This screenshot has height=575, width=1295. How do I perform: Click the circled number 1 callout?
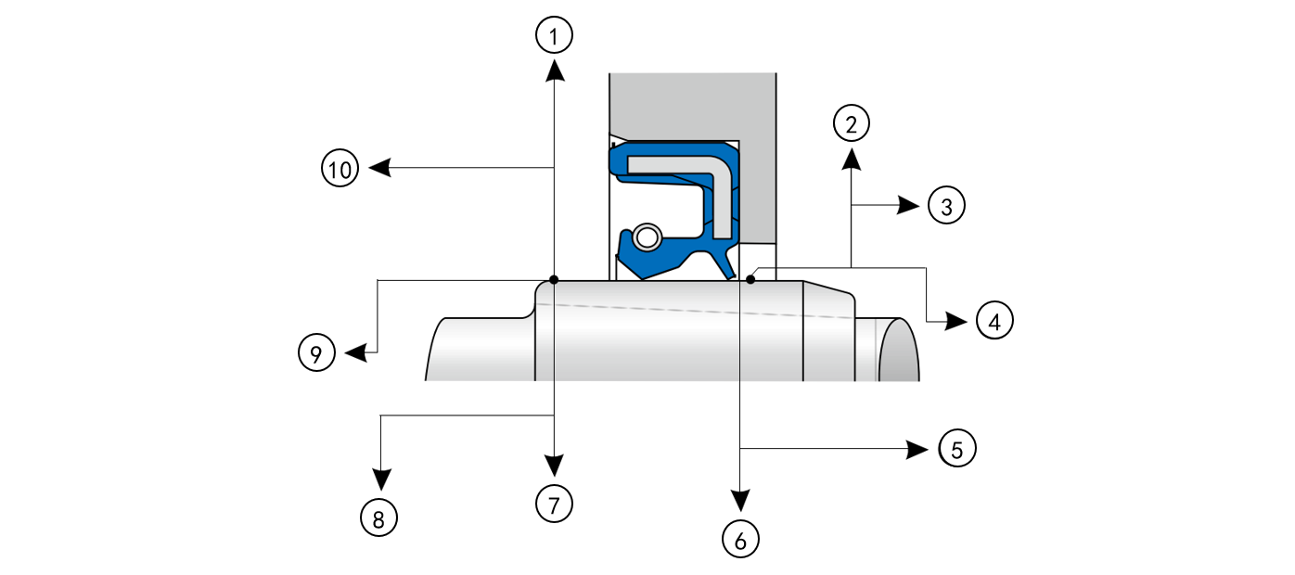(x=554, y=36)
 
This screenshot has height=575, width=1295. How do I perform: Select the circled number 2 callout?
(x=852, y=121)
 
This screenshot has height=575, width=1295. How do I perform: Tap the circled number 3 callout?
(x=946, y=206)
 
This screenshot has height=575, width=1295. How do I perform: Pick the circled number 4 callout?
(x=994, y=321)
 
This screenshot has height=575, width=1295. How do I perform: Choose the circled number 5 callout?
(x=957, y=449)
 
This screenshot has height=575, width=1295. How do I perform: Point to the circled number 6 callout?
(x=739, y=537)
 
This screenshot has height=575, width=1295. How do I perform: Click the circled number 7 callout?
(x=554, y=504)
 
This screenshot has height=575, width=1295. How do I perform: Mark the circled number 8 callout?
(x=378, y=517)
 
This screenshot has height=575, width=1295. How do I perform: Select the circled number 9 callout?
(x=316, y=353)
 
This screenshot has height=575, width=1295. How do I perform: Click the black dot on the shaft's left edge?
(x=553, y=279)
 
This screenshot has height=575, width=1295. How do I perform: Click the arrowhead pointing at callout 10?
(x=378, y=168)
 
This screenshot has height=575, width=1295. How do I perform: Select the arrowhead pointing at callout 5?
(x=918, y=449)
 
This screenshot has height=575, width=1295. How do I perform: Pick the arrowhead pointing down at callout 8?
(x=379, y=480)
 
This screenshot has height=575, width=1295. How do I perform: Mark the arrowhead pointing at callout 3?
(x=909, y=205)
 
